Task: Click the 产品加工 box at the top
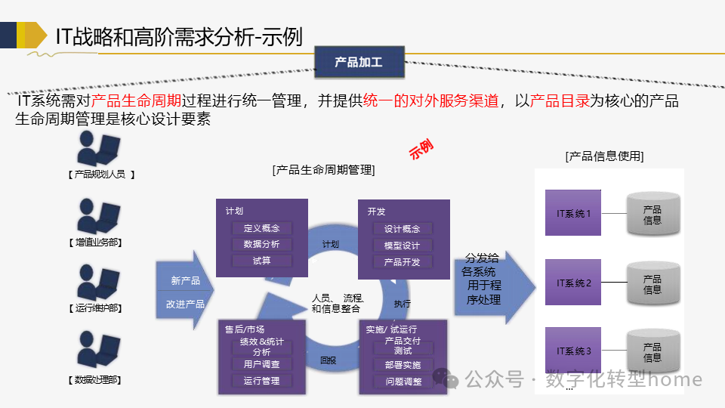[359, 62]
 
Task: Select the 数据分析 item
[261, 245]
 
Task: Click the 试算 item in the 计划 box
[261, 261]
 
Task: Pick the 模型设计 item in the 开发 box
[402, 246]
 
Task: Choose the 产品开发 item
[402, 261]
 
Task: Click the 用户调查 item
[261, 364]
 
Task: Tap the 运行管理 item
[261, 381]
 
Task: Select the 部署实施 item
[403, 365]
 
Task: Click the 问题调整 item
[403, 382]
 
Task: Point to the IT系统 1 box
[574, 214]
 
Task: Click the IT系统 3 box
[574, 351]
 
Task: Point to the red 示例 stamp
[421, 149]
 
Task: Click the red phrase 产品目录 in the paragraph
[560, 101]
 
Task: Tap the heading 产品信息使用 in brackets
[604, 156]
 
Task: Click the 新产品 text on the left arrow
[185, 281]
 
